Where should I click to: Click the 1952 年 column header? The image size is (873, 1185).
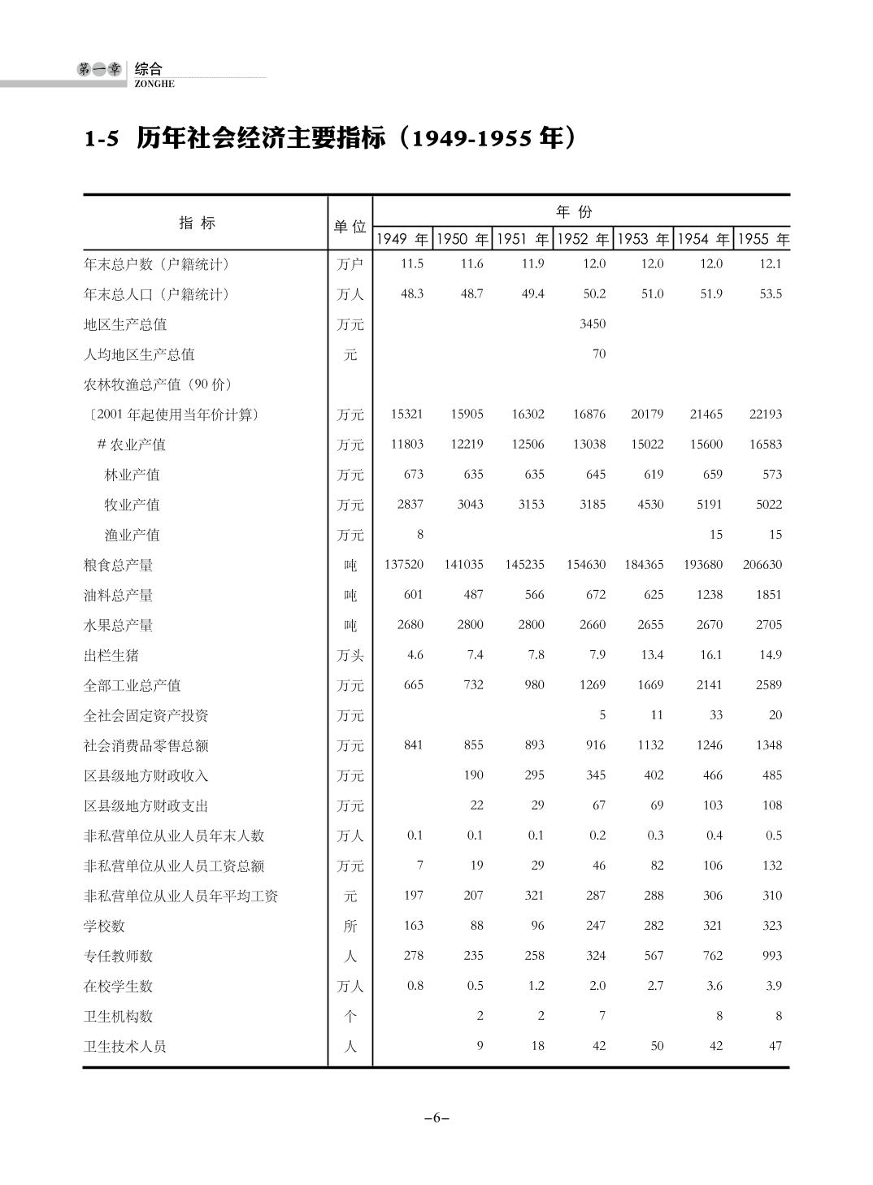pos(583,239)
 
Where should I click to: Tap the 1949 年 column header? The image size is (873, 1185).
pos(402,239)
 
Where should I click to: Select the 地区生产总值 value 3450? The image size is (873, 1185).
pos(593,323)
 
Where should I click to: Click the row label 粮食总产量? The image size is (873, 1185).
pos(119,565)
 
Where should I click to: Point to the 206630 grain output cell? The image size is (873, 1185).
pos(762,564)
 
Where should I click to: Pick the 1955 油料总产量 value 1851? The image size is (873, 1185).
pos(768,594)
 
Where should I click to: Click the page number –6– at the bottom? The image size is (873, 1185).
pos(436,1118)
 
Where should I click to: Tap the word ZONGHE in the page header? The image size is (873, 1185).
pos(154,84)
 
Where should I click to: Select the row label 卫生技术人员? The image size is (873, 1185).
pos(125,1046)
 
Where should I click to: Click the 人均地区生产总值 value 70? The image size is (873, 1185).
pos(599,354)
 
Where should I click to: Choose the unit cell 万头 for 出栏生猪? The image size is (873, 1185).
pos(350,655)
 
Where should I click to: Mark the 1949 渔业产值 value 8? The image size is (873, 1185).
pos(419,534)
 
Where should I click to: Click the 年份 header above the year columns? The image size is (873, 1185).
pos(574,212)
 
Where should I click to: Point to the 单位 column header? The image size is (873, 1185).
pos(350,227)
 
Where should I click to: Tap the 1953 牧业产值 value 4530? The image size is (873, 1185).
pos(650,504)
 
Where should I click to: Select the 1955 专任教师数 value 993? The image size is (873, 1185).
pos(771,955)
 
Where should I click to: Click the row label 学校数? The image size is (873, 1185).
pos(105,926)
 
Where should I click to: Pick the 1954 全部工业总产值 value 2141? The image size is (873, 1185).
pos(709,684)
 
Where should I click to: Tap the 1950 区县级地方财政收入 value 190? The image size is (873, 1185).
pos(473,775)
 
